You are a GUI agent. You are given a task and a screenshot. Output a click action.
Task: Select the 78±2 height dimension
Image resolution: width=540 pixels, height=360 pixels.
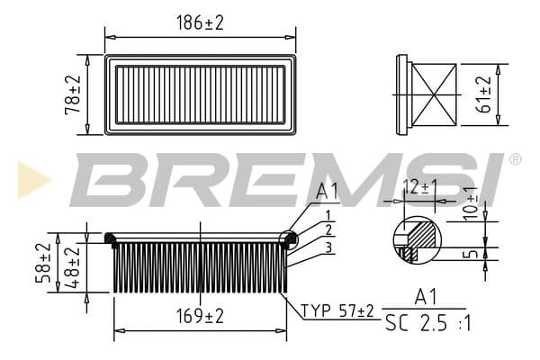pyautogui.click(x=76, y=94)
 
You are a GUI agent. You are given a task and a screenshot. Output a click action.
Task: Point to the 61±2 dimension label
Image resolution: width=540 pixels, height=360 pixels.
pyautogui.click(x=487, y=94)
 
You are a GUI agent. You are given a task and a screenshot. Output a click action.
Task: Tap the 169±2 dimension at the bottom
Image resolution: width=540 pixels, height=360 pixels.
pyautogui.click(x=200, y=317)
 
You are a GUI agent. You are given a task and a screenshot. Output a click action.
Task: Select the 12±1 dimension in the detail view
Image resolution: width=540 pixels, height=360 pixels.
pyautogui.click(x=420, y=186)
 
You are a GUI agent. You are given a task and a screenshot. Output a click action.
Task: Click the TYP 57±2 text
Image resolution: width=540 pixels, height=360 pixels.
pyautogui.click(x=337, y=311)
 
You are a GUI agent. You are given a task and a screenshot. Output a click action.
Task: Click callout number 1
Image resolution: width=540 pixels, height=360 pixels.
pyautogui.click(x=328, y=214)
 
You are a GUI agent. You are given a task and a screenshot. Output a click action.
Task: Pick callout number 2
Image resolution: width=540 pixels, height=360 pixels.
pyautogui.click(x=328, y=229)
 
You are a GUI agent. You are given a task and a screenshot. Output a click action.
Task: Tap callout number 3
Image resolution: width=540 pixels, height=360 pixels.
pyautogui.click(x=329, y=247)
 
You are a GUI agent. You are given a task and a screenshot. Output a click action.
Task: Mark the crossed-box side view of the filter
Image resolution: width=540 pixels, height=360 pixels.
pyautogui.click(x=430, y=93)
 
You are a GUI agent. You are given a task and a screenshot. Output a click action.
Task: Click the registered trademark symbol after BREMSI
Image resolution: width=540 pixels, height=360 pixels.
pyautogui.click(x=515, y=159)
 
